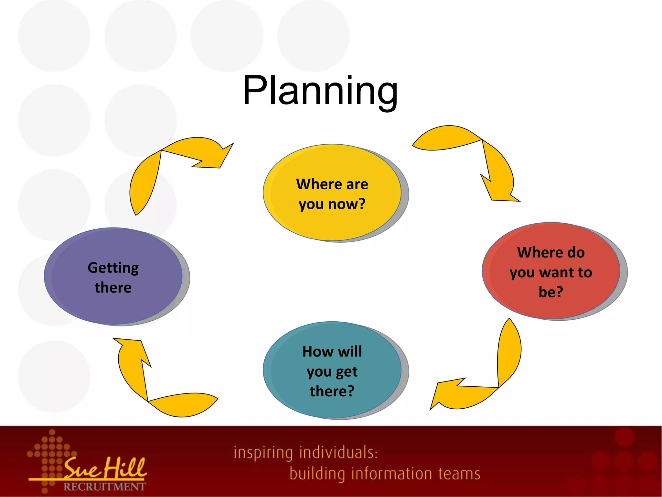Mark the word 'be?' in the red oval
coord(551,292)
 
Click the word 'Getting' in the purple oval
coord(113,268)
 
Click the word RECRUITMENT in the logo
coord(104,487)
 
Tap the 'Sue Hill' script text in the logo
coord(105,468)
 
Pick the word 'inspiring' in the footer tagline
coord(263,453)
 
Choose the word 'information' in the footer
coord(391,474)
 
